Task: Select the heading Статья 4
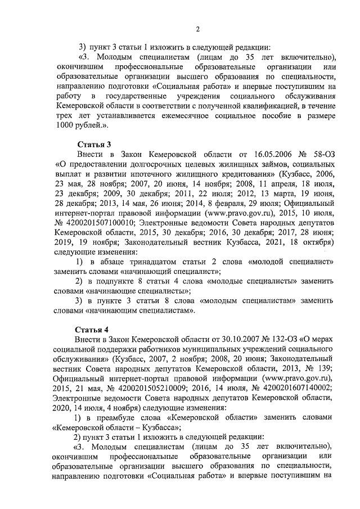tap(91, 327)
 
